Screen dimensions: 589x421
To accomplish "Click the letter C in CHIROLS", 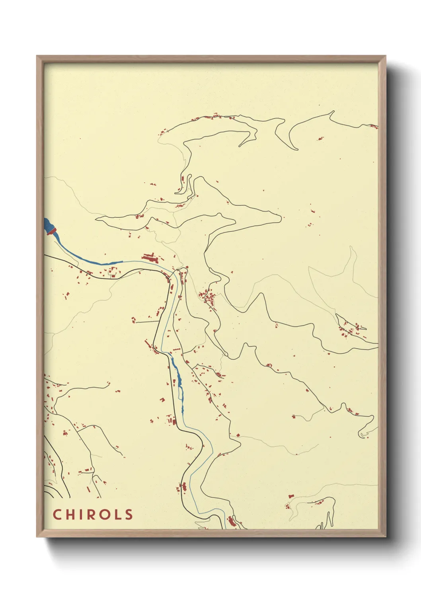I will coord(57,514).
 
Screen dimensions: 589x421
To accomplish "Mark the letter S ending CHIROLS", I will coord(129,514).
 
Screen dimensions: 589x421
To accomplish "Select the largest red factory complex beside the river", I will coord(150,257).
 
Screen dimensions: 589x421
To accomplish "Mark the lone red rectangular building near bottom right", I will coord(290,496).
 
